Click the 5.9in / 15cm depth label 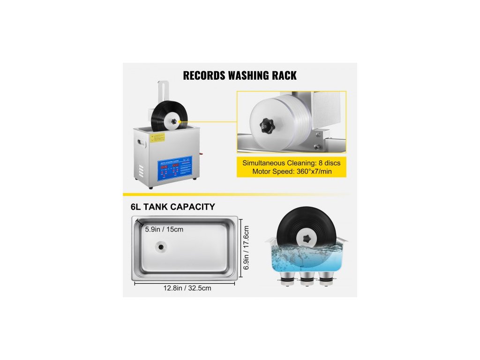[164, 229]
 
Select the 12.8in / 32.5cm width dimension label [185, 288]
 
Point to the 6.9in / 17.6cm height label [246, 247]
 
